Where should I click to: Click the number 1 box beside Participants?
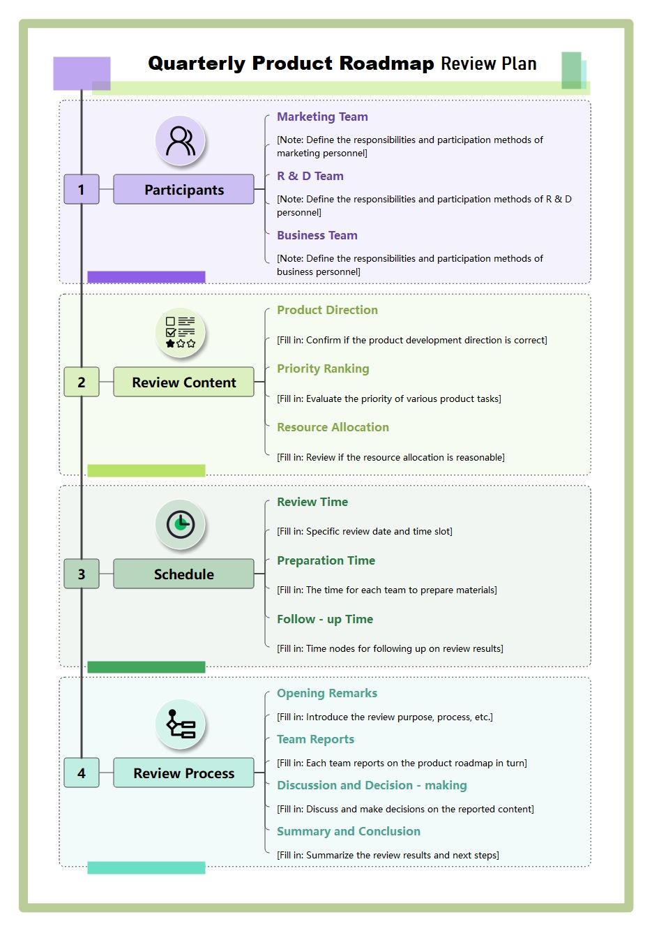pos(82,189)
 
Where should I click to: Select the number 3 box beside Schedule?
pos(82,574)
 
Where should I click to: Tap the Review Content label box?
pos(183,382)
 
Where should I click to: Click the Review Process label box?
pos(183,773)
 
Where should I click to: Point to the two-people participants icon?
pos(180,140)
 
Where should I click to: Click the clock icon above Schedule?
pos(180,525)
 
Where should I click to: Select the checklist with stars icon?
pos(180,332)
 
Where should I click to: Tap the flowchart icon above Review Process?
pos(180,724)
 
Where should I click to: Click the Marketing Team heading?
pos(322,117)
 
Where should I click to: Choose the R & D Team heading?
pos(310,176)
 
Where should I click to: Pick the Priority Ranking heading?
pos(323,368)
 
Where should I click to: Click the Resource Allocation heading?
pos(333,427)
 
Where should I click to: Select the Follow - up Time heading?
pos(325,619)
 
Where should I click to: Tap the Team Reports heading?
pos(316,739)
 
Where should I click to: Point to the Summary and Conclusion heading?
pos(349,831)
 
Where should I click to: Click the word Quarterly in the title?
pos(197,64)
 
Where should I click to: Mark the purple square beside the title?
pos(82,73)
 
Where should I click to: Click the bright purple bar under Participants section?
pos(146,277)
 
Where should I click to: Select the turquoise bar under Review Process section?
pos(146,867)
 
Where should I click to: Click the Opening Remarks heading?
pos(327,693)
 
